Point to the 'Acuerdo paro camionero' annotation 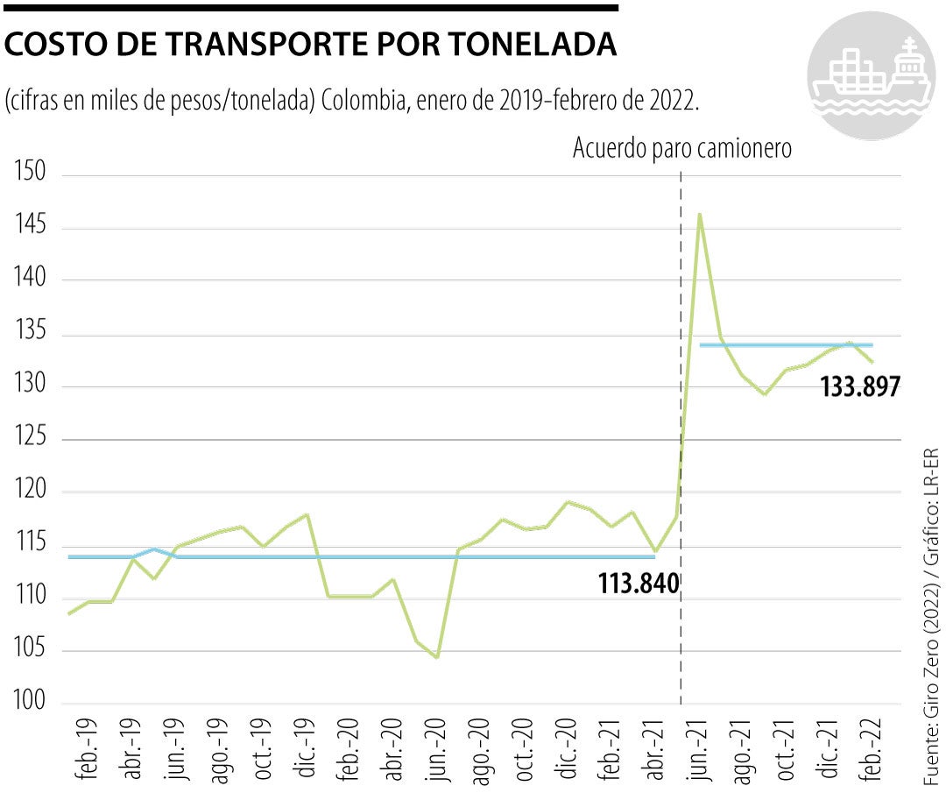pyautogui.click(x=681, y=149)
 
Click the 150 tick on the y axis pyautogui.click(x=30, y=173)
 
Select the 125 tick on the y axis pyautogui.click(x=30, y=439)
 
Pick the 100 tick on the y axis pyautogui.click(x=30, y=704)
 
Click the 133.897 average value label pyautogui.click(x=860, y=386)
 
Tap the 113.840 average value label pyautogui.click(x=639, y=583)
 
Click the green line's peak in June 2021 pyautogui.click(x=699, y=214)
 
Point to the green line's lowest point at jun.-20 pyautogui.click(x=436, y=656)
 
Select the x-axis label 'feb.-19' pyautogui.click(x=88, y=752)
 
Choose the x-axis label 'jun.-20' pyautogui.click(x=434, y=752)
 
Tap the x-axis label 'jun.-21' pyautogui.click(x=698, y=752)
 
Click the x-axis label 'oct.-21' pyautogui.click(x=784, y=752)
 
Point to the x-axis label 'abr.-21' pyautogui.click(x=653, y=752)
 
